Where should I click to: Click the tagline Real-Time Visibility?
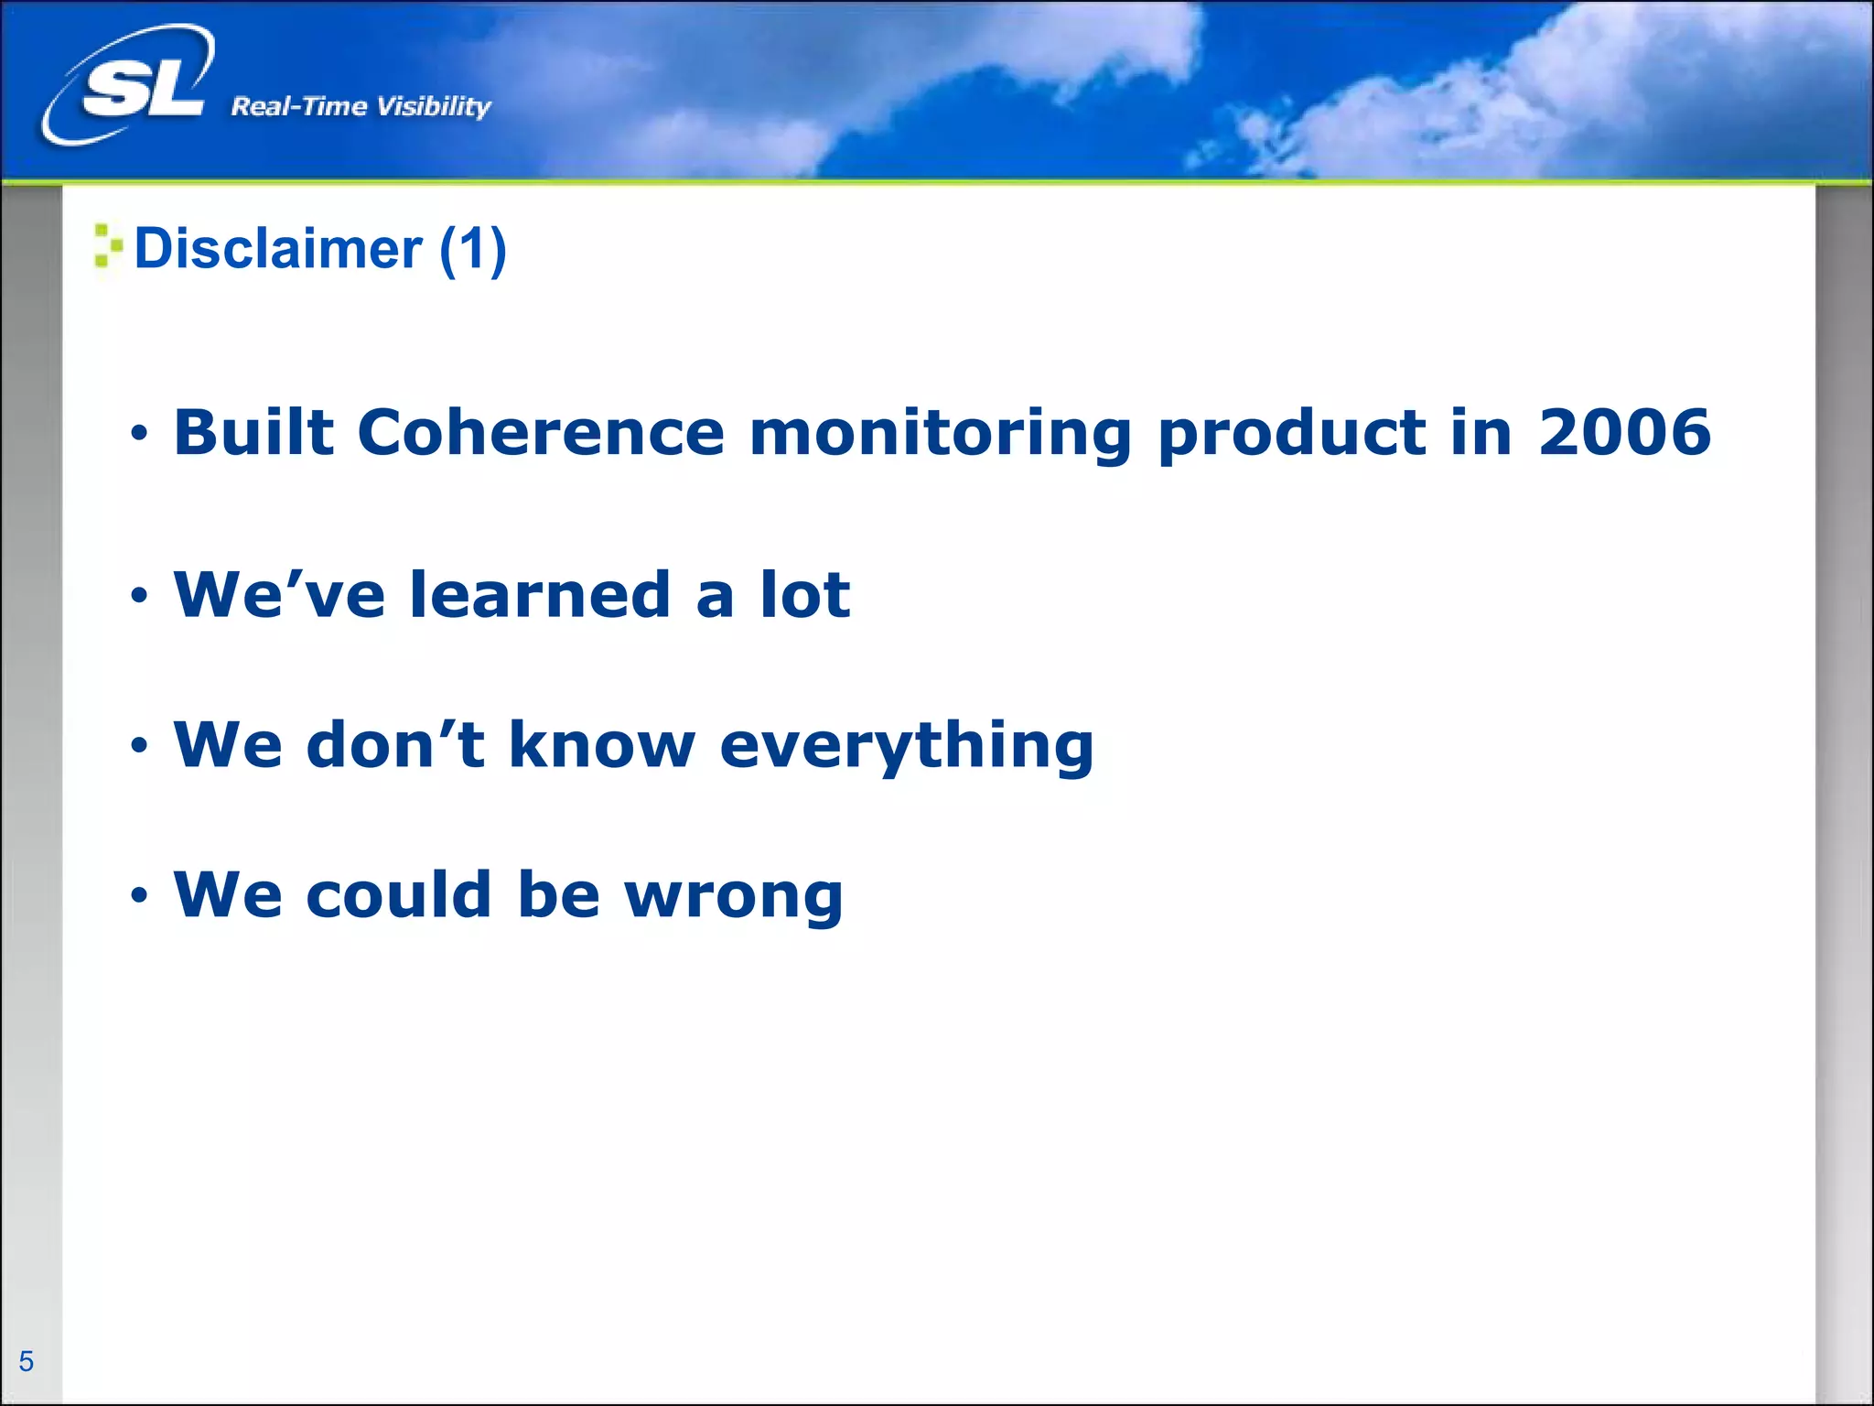361,106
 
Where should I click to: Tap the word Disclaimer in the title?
278,249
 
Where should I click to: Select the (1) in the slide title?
472,249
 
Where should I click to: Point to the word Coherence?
540,432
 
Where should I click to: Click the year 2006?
1623,432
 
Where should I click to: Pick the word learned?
540,595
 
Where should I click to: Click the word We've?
279,595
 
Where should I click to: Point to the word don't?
394,744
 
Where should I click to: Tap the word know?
601,744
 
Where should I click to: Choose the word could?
399,894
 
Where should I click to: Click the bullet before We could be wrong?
138,894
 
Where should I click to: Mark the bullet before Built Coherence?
138,433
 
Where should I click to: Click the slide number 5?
27,1361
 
